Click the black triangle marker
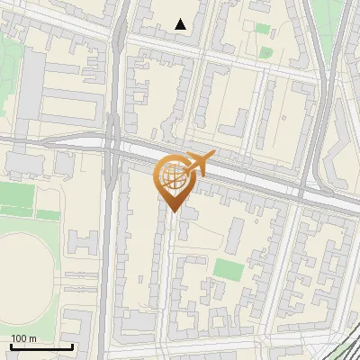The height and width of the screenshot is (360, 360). coord(181,24)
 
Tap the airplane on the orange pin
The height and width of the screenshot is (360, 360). coord(200,162)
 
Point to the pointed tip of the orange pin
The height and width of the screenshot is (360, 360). coord(171,212)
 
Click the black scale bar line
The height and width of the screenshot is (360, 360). coord(41,346)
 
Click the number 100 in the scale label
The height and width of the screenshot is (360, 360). coord(20,338)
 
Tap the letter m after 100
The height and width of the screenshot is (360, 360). coord(33,338)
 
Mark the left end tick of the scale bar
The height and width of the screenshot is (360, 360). coord(11,345)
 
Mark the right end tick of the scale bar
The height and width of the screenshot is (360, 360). coord(72,345)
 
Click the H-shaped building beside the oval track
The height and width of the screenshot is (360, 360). coord(82,242)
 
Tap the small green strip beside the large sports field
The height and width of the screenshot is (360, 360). coord(49,215)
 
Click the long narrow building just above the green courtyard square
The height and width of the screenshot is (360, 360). coord(235,236)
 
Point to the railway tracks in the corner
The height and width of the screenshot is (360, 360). coord(346,342)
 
